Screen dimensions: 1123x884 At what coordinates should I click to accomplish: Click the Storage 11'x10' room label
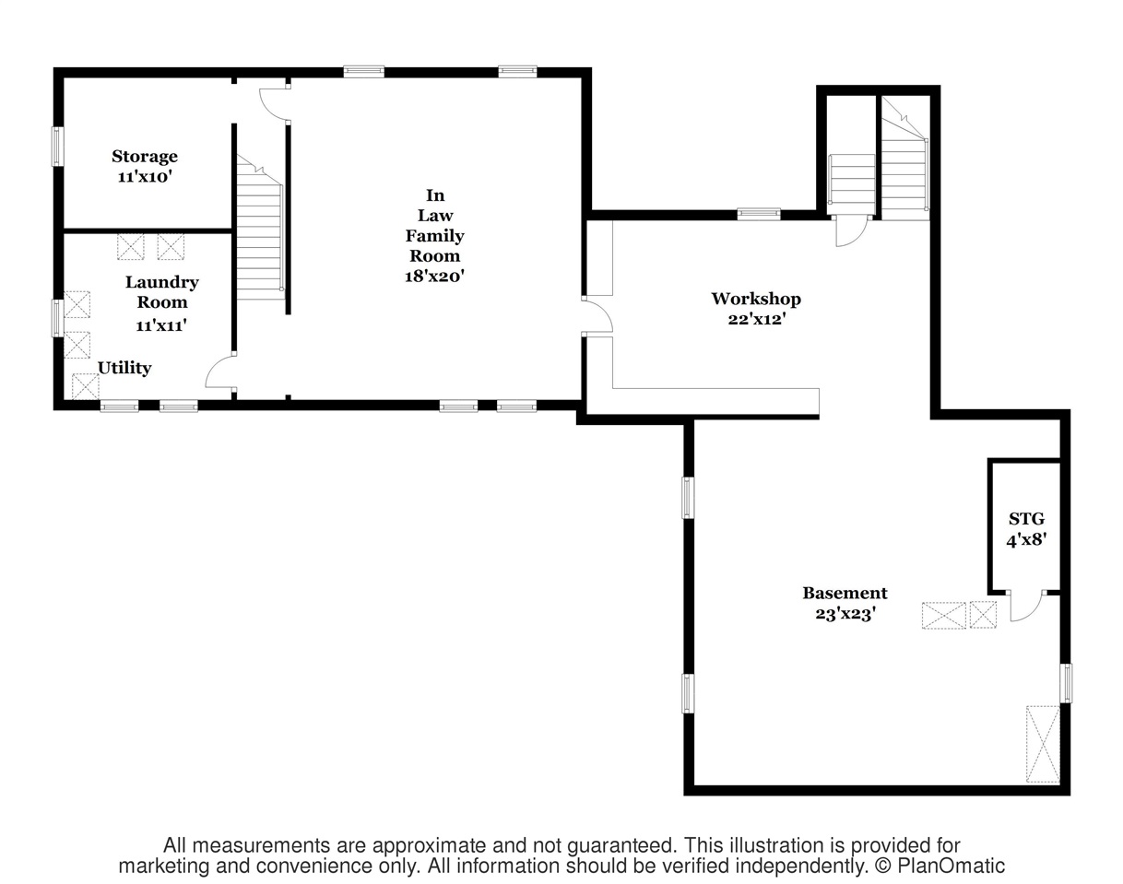pyautogui.click(x=145, y=166)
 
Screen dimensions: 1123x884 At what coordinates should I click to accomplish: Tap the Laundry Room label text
pyautogui.click(x=161, y=292)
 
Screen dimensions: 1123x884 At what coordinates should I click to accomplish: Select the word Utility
pyautogui.click(x=124, y=369)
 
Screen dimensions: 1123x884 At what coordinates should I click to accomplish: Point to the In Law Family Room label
pyautogui.click(x=434, y=235)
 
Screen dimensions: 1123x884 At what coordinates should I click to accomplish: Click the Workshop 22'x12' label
pyautogui.click(x=756, y=309)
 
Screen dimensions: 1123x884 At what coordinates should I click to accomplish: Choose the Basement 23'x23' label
pyautogui.click(x=845, y=604)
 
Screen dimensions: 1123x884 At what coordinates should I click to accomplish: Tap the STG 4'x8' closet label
pyautogui.click(x=1026, y=529)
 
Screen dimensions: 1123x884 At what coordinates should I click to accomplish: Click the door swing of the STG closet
pyautogui.click(x=1026, y=606)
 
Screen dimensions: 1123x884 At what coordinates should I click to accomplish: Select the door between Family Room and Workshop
pyautogui.click(x=597, y=315)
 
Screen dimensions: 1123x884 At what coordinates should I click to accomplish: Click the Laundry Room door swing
pyautogui.click(x=220, y=371)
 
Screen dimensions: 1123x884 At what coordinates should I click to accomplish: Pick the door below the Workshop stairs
pyautogui.click(x=852, y=230)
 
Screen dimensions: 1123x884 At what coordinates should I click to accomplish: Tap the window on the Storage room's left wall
pyautogui.click(x=56, y=147)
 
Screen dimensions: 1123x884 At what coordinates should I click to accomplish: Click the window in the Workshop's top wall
pyautogui.click(x=759, y=214)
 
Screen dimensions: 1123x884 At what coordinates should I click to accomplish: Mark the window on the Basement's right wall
pyautogui.click(x=1066, y=683)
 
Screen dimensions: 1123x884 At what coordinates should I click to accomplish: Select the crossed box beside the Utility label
pyautogui.click(x=85, y=386)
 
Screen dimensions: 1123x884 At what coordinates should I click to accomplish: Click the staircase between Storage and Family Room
pyautogui.click(x=259, y=227)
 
